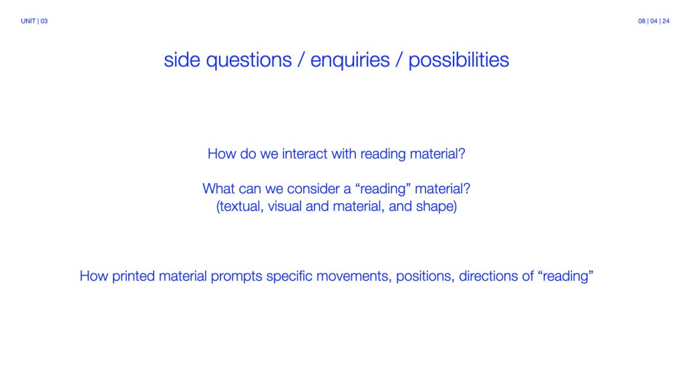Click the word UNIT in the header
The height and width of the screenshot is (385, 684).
pyautogui.click(x=28, y=21)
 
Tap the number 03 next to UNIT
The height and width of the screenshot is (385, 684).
pyautogui.click(x=44, y=21)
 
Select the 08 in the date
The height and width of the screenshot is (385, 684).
pyautogui.click(x=642, y=21)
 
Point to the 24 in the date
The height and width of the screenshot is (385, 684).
pyautogui.click(x=666, y=21)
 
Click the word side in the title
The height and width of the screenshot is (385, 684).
pyautogui.click(x=182, y=59)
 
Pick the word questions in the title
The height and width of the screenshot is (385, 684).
pyautogui.click(x=248, y=61)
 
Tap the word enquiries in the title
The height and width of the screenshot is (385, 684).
pyautogui.click(x=350, y=61)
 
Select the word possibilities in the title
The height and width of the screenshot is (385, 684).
pyautogui.click(x=458, y=61)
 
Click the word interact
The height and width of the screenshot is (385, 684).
pyautogui.click(x=305, y=154)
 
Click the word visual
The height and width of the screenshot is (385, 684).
pyautogui.click(x=285, y=206)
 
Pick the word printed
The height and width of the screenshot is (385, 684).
pyautogui.click(x=133, y=276)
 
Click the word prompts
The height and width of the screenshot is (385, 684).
pyautogui.click(x=236, y=277)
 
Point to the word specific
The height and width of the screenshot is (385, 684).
pyautogui.click(x=289, y=276)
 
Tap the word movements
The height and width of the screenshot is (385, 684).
pyautogui.click(x=354, y=277)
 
